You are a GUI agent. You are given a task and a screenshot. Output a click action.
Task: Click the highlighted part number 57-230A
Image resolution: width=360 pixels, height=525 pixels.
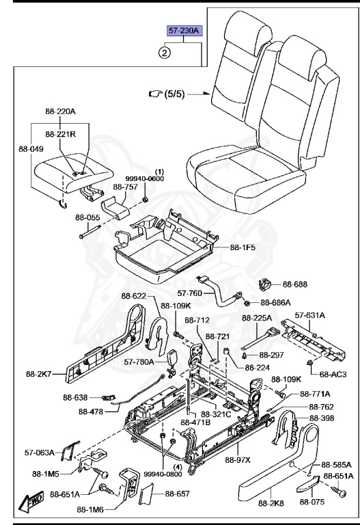(184, 31)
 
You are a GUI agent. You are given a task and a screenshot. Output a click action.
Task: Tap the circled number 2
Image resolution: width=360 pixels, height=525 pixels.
(165, 53)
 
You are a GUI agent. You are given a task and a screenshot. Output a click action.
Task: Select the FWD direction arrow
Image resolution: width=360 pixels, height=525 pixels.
(31, 501)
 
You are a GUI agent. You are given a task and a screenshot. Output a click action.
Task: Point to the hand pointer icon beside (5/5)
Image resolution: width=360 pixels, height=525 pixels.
(155, 94)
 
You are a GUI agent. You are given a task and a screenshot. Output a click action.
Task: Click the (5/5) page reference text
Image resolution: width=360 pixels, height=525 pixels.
(174, 94)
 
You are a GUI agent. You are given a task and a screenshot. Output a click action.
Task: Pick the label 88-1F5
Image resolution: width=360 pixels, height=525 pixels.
(243, 247)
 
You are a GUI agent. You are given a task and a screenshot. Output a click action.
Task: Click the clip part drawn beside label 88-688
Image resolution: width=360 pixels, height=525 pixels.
(266, 284)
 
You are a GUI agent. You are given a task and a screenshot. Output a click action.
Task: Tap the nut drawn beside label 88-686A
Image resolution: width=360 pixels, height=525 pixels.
(246, 303)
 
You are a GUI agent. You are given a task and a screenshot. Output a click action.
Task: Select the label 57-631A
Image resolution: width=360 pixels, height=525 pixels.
(310, 315)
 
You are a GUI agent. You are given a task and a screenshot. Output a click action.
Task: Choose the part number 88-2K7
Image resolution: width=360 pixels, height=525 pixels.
(39, 374)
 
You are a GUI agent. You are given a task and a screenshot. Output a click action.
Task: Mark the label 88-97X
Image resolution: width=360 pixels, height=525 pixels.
(238, 460)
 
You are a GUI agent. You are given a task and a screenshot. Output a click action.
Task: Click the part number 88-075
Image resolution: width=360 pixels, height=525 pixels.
(312, 502)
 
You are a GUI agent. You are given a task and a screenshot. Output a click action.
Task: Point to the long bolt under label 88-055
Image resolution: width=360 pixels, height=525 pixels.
(89, 232)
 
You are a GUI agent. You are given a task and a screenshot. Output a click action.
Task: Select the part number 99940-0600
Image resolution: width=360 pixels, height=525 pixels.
(145, 179)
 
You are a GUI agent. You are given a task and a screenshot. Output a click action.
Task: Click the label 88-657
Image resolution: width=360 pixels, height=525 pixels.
(178, 494)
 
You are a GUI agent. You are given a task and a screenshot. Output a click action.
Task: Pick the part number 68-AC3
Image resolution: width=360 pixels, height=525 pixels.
(333, 374)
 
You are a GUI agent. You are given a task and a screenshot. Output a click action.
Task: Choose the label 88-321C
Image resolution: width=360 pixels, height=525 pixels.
(216, 414)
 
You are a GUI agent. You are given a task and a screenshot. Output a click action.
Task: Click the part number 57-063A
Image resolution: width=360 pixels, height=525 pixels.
(40, 453)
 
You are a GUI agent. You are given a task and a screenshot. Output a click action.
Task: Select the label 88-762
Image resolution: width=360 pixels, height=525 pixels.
(322, 407)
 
